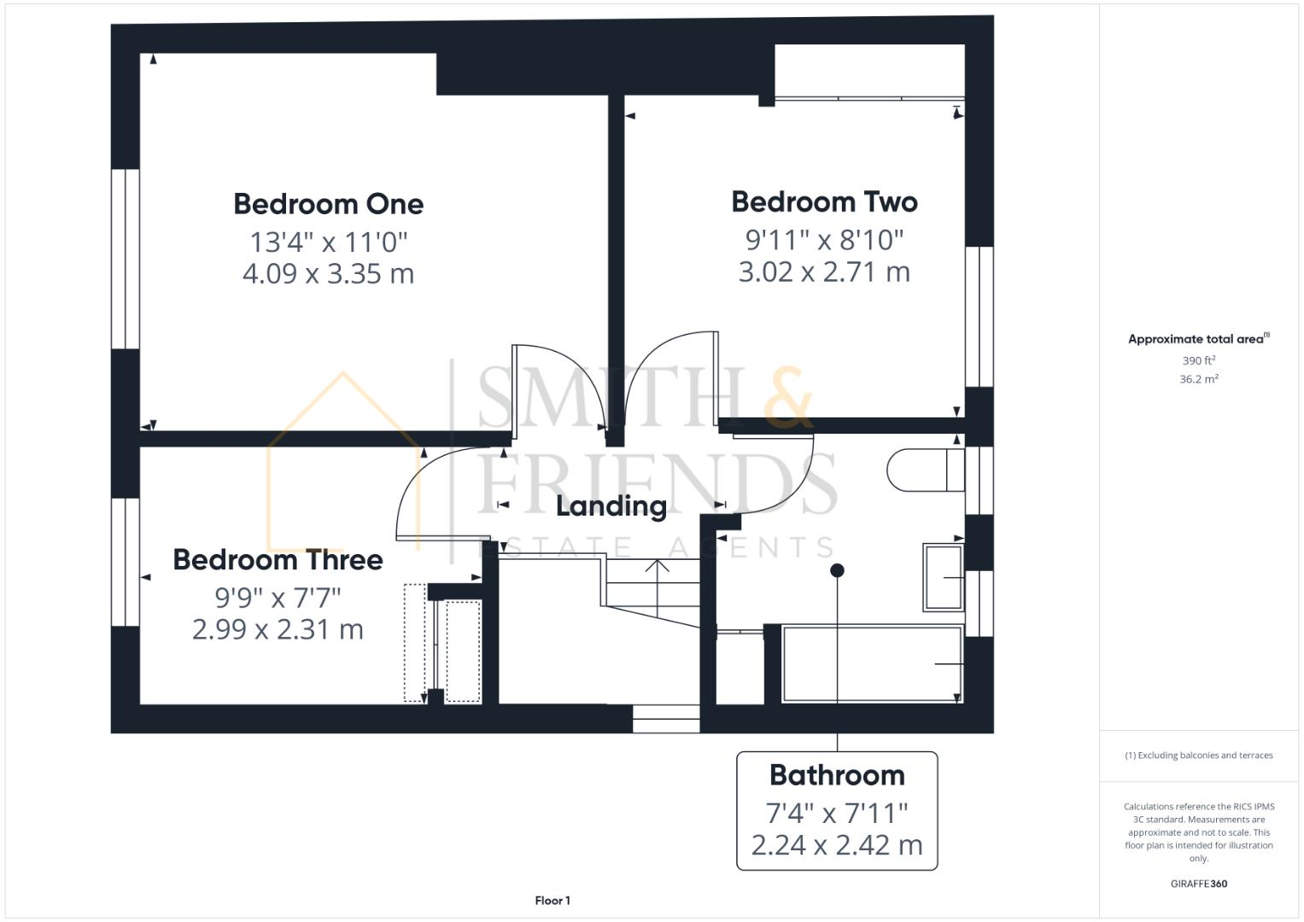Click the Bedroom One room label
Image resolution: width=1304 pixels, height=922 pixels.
pyautogui.click(x=328, y=204)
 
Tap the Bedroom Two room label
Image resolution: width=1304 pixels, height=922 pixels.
pyautogui.click(x=824, y=201)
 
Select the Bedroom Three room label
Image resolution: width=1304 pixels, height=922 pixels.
pyautogui.click(x=278, y=560)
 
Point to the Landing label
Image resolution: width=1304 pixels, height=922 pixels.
pyautogui.click(x=611, y=506)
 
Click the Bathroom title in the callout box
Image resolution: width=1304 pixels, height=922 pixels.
pyautogui.click(x=836, y=775)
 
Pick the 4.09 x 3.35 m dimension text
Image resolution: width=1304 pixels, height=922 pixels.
pyautogui.click(x=328, y=274)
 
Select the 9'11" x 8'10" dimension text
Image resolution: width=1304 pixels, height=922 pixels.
pyautogui.click(x=824, y=239)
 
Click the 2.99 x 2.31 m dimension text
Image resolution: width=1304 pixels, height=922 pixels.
pyautogui.click(x=278, y=630)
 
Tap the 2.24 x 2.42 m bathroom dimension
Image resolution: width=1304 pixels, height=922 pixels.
pyautogui.click(x=836, y=845)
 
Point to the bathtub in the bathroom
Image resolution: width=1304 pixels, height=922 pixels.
pyautogui.click(x=871, y=664)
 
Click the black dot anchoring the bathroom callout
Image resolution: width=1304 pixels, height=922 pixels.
pyautogui.click(x=837, y=570)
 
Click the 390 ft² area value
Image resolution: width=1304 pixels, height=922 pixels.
pyautogui.click(x=1198, y=361)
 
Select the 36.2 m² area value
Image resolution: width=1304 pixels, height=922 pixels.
pyautogui.click(x=1198, y=379)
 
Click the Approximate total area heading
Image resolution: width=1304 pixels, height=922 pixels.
pyautogui.click(x=1198, y=339)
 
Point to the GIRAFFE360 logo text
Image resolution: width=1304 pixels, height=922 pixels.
pyautogui.click(x=1198, y=884)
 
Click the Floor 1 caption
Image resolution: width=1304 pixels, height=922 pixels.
pyautogui.click(x=553, y=901)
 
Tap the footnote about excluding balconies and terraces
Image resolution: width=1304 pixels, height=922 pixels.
pyautogui.click(x=1198, y=756)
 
